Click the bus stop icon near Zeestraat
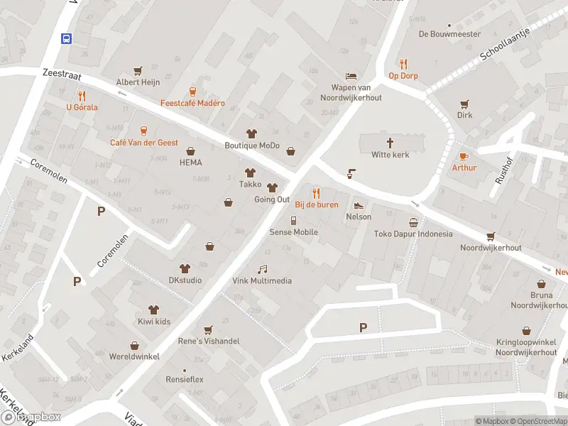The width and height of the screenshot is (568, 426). tap(67, 38)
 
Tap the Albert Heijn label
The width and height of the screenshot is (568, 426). tap(138, 82)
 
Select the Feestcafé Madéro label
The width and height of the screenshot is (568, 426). tap(192, 103)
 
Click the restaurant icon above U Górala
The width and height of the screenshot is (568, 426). tap(82, 95)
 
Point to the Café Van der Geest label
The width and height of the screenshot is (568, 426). tap(144, 143)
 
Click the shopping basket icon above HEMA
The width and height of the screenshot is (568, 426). tap(190, 151)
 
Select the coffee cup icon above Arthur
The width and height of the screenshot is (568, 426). tap(464, 156)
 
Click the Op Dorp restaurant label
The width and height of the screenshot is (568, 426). tap(403, 76)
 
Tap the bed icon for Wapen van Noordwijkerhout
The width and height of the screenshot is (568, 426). tap(351, 76)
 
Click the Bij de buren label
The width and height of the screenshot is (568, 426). tap(317, 204)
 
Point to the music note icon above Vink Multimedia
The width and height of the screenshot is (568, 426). tap(262, 269)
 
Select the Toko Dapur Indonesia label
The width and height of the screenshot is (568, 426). tap(413, 234)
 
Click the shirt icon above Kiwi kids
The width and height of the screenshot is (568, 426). tap(153, 310)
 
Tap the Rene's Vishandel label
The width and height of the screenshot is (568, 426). tap(208, 341)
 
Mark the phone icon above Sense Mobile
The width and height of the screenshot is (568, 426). tap(293, 221)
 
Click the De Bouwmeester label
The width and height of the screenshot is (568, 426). tap(449, 34)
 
